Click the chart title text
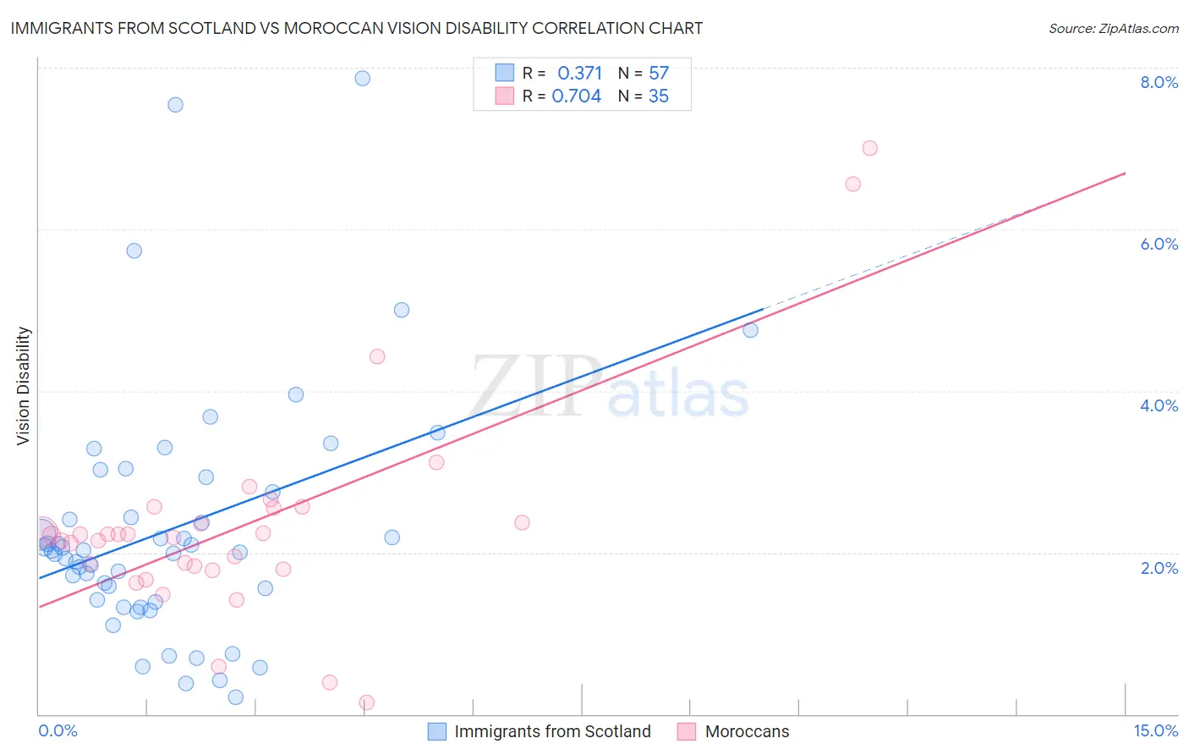click(x=356, y=28)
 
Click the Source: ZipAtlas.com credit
click(x=1113, y=28)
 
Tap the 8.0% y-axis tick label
click(x=1159, y=82)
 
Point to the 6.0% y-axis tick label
click(x=1159, y=244)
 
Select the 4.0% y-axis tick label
click(x=1159, y=405)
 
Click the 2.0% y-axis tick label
click(x=1159, y=568)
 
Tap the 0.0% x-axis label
click(x=58, y=730)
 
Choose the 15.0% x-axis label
click(x=1155, y=730)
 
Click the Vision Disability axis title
click(x=24, y=386)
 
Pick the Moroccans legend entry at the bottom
click(x=747, y=731)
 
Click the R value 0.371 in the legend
click(x=579, y=74)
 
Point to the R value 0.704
click(x=576, y=96)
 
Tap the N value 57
click(x=659, y=74)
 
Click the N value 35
click(x=659, y=96)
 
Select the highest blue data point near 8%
click(x=362, y=78)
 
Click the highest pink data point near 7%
click(x=869, y=148)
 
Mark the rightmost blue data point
click(x=750, y=330)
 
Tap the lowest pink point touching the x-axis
click(x=366, y=703)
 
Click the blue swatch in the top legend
click(x=504, y=73)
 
